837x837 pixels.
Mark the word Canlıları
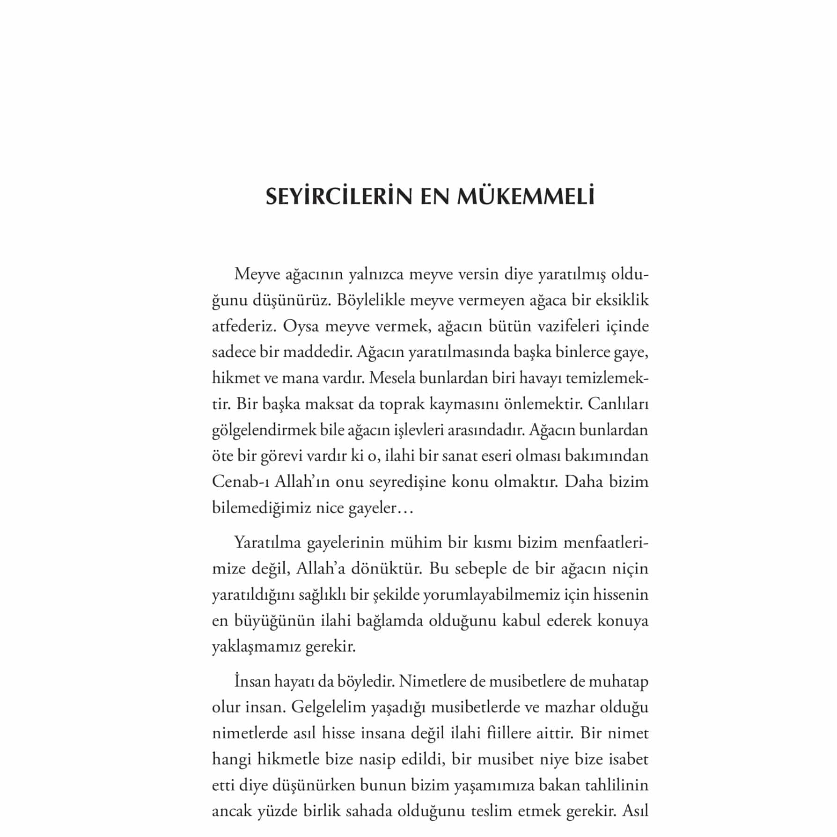click(618, 404)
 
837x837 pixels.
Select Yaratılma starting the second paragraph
click(267, 543)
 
